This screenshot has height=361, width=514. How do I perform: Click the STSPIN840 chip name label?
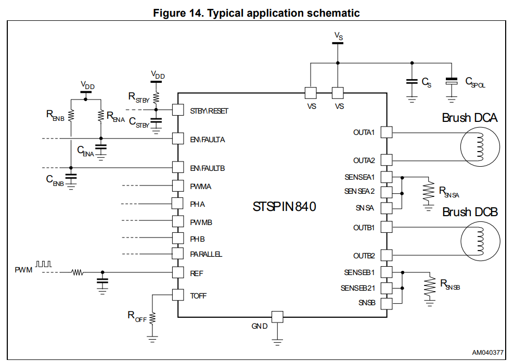coord(284,207)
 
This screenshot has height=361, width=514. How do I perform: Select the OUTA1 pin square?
coord(386,132)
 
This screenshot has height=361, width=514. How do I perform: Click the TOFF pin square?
coord(178,295)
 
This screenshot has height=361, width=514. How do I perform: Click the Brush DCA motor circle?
coord(479,147)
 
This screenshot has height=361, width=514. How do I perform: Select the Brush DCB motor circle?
coord(479,242)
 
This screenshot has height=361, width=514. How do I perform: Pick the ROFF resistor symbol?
coord(152,317)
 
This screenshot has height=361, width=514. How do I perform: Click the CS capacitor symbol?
coord(412,82)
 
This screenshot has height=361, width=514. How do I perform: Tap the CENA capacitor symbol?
coord(101,148)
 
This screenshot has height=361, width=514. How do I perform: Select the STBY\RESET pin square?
coord(178,110)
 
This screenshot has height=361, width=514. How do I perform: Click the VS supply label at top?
coord(339,36)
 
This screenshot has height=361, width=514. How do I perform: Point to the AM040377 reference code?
coord(487,353)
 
